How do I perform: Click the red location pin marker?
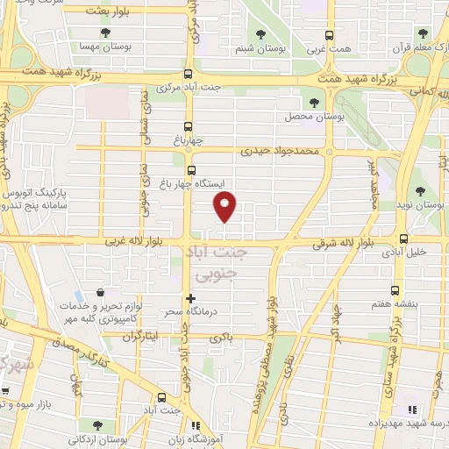[x=225, y=207]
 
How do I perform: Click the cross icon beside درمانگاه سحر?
[x=190, y=298]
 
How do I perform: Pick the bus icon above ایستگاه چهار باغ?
[x=191, y=170]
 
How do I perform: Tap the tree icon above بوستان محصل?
[x=314, y=103]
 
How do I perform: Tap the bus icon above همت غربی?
[x=329, y=36]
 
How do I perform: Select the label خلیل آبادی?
[x=403, y=252]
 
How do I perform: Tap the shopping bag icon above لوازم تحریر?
[x=103, y=292]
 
